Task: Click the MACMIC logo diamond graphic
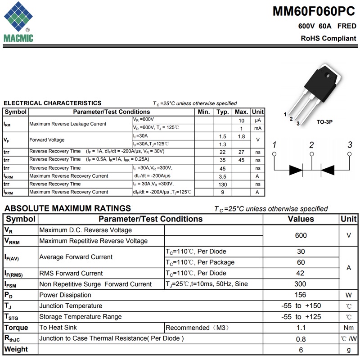point(18,17)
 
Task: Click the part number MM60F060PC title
point(314,12)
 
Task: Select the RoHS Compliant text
point(328,39)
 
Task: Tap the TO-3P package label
point(324,122)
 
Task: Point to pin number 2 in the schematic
point(311,145)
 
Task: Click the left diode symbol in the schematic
point(296,170)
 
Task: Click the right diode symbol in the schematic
point(327,170)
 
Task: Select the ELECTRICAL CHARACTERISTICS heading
point(53,103)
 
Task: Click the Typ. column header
point(222,112)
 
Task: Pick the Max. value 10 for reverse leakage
point(242,120)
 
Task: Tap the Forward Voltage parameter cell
point(47,140)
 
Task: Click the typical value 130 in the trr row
point(222,184)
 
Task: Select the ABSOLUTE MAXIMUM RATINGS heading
point(67,208)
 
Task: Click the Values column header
point(301,219)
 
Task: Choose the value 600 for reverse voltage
point(301,235)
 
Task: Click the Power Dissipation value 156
point(301,295)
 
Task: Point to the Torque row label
point(16,328)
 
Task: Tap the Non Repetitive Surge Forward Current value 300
point(301,284)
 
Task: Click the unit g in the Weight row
point(348,350)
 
